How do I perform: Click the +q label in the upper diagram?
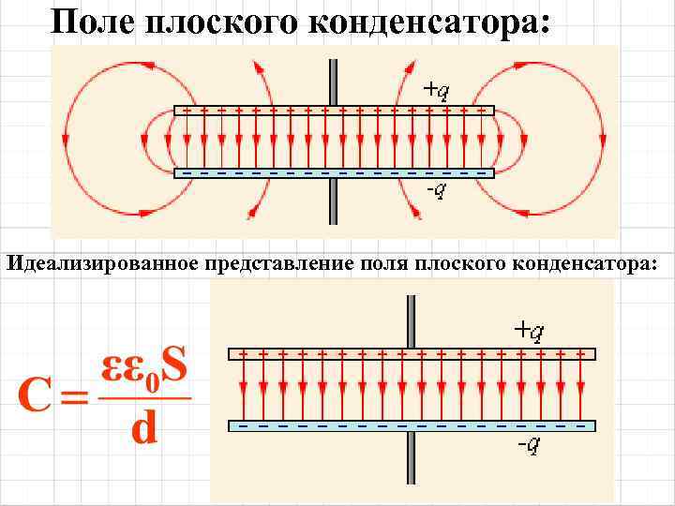coord(435,90)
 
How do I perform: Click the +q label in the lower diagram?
coord(529,330)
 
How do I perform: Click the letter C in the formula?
coord(36,399)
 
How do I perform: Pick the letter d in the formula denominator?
coord(143,428)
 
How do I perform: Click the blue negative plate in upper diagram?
coord(334,173)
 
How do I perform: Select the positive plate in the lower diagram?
coord(412,354)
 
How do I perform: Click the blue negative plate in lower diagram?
coord(412,425)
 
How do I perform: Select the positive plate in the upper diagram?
coord(334,110)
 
